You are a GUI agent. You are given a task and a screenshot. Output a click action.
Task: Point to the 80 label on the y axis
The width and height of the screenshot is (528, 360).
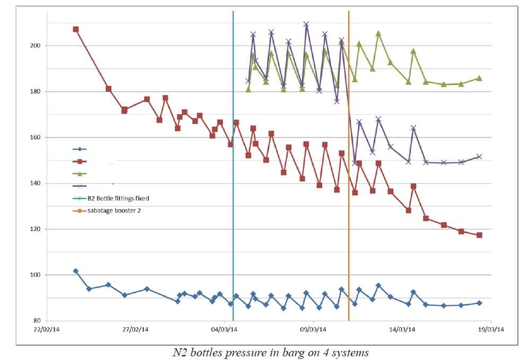38,321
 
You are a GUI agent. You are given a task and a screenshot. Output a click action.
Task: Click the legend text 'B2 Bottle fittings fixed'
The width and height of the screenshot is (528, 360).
118,199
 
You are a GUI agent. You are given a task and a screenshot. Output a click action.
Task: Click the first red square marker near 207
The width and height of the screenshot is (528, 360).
76,29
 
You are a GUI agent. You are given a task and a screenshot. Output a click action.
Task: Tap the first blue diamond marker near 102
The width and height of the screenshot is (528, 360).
75,271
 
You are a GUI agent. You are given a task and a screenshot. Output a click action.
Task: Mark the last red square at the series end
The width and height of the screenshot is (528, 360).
479,235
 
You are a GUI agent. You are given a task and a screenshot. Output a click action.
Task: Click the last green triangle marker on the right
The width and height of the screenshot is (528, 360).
479,78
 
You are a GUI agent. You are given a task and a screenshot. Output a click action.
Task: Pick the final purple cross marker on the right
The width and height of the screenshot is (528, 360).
479,157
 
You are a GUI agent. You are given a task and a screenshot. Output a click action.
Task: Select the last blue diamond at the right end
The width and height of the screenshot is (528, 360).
479,303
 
